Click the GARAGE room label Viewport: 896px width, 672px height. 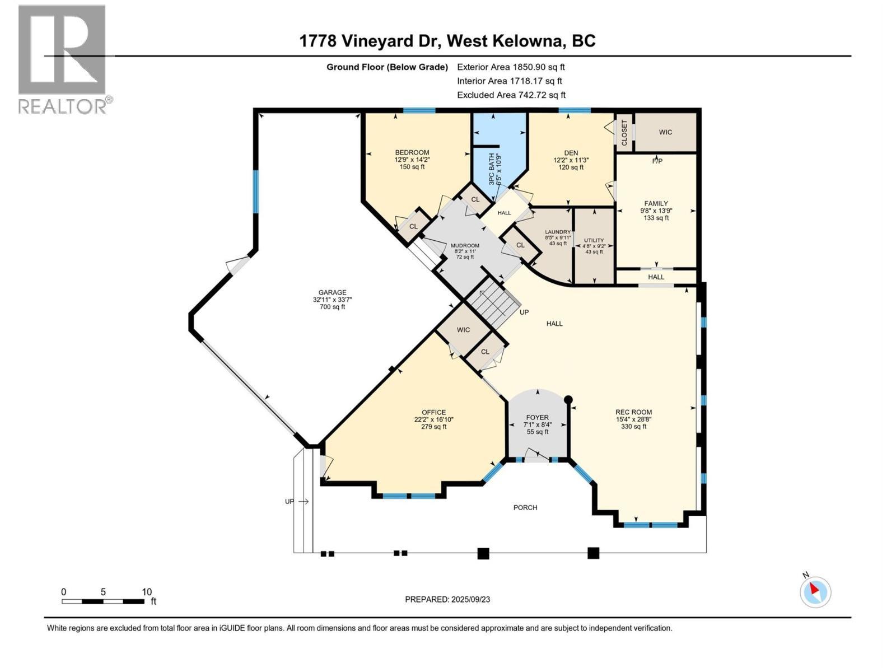[332, 292]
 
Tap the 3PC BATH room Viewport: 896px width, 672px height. [493, 169]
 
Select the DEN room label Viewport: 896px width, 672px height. [571, 153]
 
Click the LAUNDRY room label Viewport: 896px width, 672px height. [558, 232]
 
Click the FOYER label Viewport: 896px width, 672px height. [537, 417]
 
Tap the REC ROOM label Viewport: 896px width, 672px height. [633, 412]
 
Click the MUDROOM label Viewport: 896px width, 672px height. [465, 245]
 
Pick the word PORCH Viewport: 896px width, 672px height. [525, 507]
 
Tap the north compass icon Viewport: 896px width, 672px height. [815, 592]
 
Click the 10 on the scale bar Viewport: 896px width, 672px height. [147, 592]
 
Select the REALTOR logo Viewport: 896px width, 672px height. [62, 59]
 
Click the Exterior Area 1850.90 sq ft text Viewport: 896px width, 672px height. [511, 67]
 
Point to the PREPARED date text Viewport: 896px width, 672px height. [447, 599]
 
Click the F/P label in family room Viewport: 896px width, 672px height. [657, 161]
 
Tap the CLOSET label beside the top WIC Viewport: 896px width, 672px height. [624, 133]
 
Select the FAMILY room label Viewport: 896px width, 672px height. [656, 204]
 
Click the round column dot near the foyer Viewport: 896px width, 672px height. [568, 400]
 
